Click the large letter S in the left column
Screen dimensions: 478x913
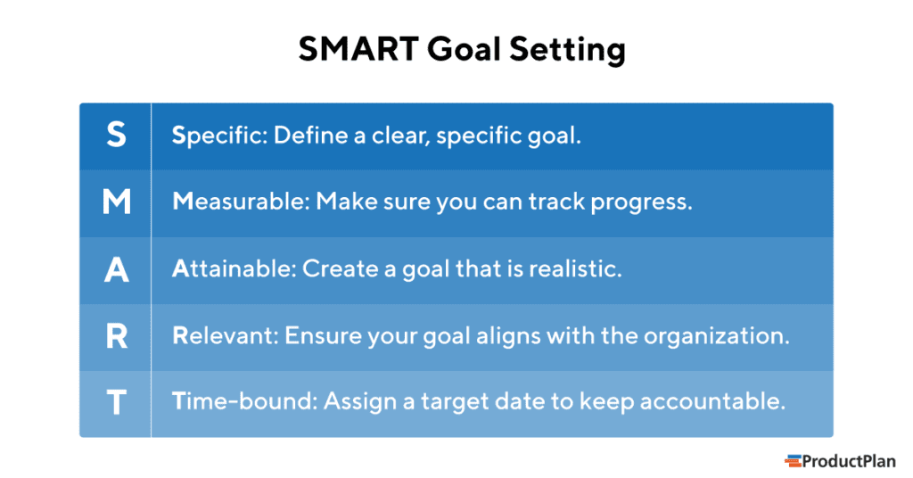(116, 136)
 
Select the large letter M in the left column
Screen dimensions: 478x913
(116, 202)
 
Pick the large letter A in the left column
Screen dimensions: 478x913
(116, 269)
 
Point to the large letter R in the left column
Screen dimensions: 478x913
(116, 336)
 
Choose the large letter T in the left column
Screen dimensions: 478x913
(116, 403)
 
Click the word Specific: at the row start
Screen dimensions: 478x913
(218, 136)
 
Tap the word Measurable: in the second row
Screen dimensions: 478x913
(240, 202)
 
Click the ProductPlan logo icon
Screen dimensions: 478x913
(793, 461)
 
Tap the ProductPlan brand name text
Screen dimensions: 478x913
(848, 461)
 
